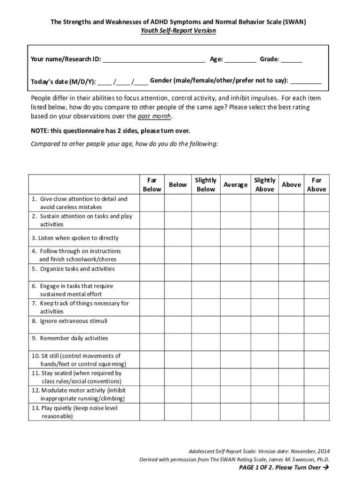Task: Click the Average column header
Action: click(235, 185)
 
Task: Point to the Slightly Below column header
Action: click(206, 185)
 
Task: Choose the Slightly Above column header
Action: click(265, 185)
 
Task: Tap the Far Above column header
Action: click(317, 185)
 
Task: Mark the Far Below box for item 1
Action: click(152, 203)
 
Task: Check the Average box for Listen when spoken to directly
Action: click(235, 238)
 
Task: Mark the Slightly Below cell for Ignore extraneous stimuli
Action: click(206, 321)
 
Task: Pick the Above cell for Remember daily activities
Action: click(291, 339)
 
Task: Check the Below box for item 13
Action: click(178, 412)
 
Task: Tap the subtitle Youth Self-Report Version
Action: click(179, 31)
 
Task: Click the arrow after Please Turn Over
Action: click(326, 467)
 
